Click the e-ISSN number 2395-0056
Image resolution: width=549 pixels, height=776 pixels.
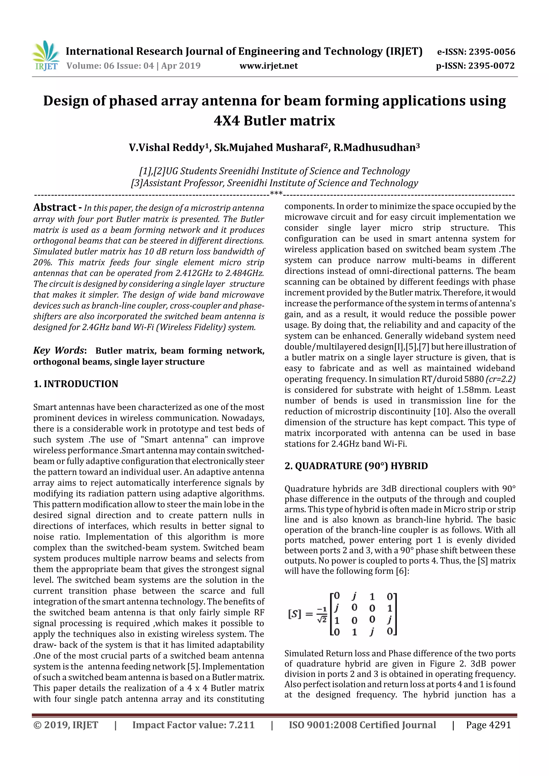[491, 52]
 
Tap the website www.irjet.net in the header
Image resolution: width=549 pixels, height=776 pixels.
[269, 66]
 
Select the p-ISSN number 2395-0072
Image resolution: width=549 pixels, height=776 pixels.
[491, 66]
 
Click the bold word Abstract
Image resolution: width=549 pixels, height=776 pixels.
[55, 207]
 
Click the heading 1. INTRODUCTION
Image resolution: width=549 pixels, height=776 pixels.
[76, 384]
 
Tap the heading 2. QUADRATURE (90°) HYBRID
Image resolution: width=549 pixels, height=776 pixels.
[356, 466]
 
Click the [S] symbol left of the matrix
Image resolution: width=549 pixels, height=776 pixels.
[294, 614]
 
